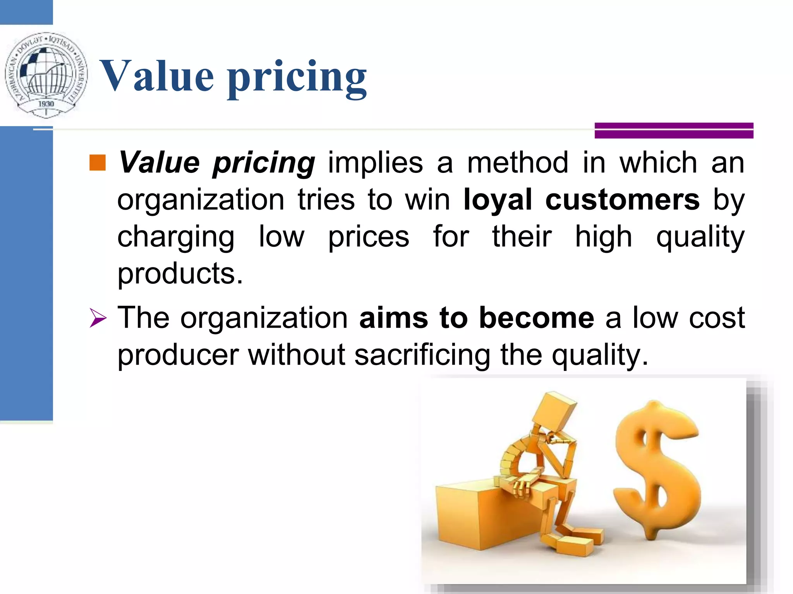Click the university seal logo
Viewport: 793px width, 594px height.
tap(46, 75)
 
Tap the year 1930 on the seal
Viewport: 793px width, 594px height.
tap(46, 104)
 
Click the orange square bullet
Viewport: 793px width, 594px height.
tap(97, 163)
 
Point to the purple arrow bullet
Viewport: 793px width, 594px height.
tap(98, 318)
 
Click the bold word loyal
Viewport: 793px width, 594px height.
tap(498, 200)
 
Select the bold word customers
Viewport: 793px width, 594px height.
tap(622, 200)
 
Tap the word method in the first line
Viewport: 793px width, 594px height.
tap(518, 163)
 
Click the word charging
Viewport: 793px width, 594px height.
tap(176, 237)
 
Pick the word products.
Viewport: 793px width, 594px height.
tap(180, 273)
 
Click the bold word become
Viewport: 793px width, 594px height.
tap(536, 318)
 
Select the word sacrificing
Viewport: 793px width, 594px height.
tap(422, 355)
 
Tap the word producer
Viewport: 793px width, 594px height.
tap(178, 355)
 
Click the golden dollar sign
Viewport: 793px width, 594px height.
tap(656, 470)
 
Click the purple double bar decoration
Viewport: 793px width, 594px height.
tap(674, 130)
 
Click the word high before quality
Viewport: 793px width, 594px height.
tap(603, 237)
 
